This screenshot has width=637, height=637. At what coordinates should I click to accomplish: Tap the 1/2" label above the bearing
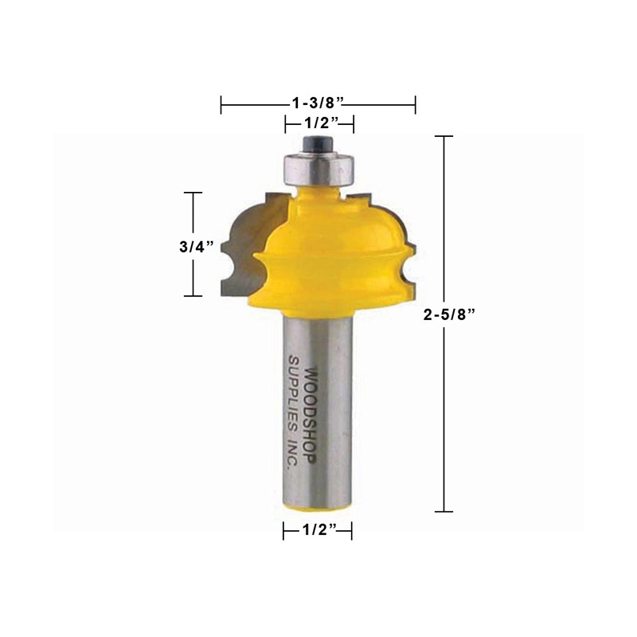point(318,123)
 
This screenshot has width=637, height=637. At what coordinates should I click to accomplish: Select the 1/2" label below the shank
point(318,532)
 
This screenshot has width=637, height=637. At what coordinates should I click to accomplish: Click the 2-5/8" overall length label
point(451,314)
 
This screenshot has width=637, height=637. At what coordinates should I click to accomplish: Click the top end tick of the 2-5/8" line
point(444,137)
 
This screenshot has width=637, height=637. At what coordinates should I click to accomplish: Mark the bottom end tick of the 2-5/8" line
point(444,510)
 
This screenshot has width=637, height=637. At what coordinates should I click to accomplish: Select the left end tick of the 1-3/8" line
point(222,104)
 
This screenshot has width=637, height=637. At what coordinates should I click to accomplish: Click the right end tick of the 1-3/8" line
point(415,104)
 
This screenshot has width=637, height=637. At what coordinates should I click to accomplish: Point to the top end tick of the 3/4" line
point(193,193)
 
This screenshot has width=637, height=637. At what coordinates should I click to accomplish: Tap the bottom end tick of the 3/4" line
point(193,295)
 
